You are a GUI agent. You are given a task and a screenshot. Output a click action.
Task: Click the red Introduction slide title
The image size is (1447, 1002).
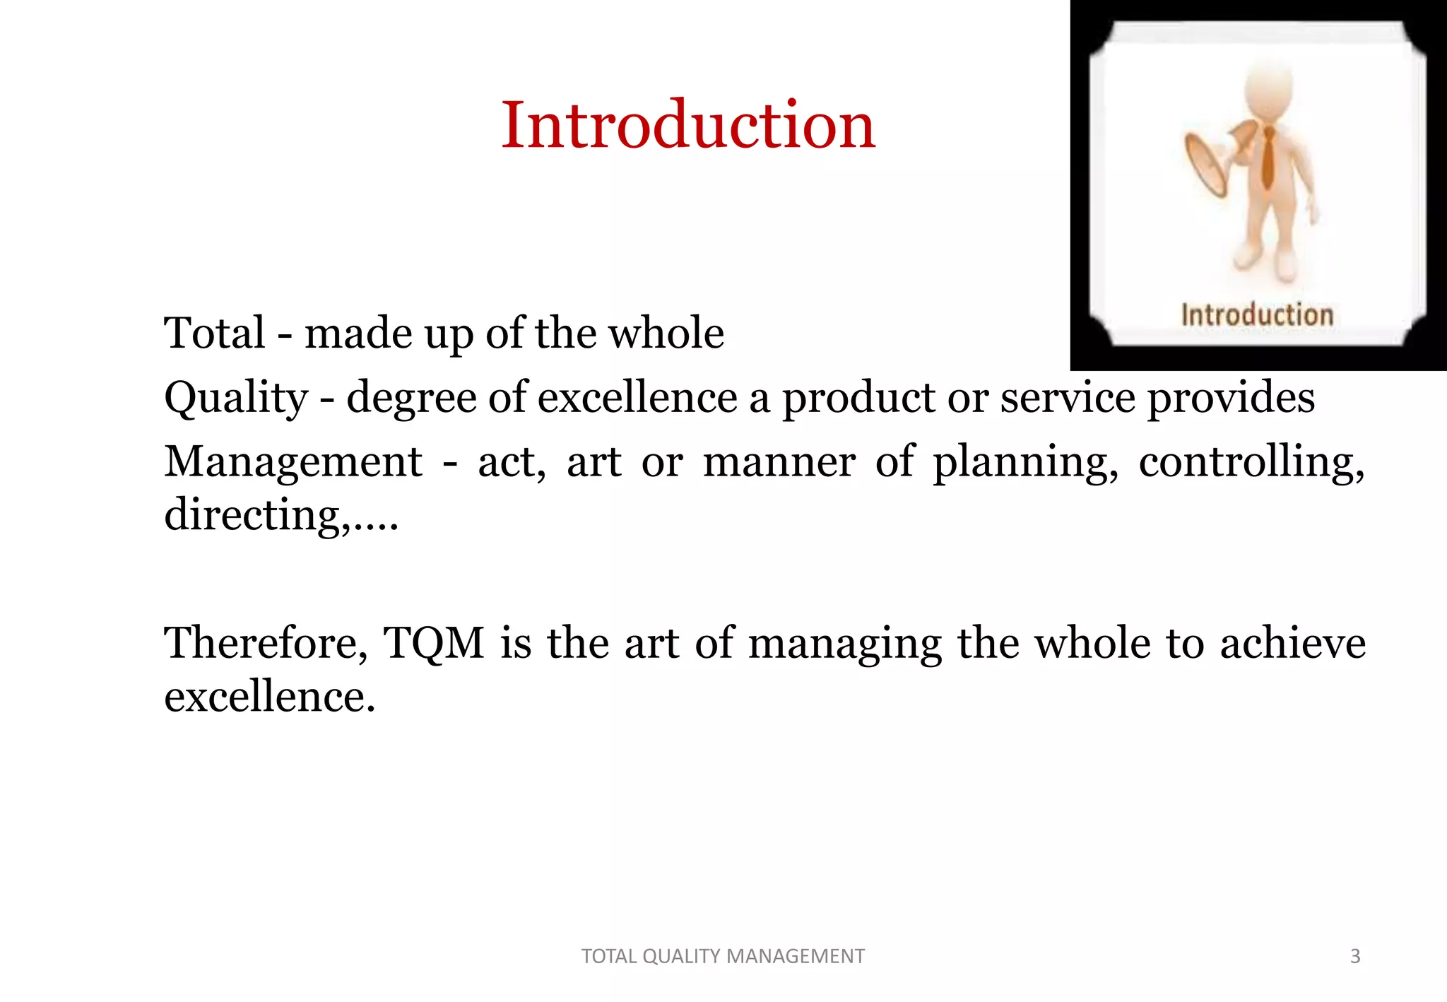pyautogui.click(x=688, y=125)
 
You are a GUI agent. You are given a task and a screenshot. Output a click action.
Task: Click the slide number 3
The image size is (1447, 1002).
pyautogui.click(x=1354, y=956)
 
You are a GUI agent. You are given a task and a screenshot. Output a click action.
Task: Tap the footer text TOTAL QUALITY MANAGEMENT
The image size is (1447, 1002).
pyautogui.click(x=723, y=956)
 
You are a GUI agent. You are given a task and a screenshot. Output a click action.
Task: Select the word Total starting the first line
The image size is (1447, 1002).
pyautogui.click(x=214, y=333)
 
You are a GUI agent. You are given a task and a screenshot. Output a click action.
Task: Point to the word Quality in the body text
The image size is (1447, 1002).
pyautogui.click(x=236, y=398)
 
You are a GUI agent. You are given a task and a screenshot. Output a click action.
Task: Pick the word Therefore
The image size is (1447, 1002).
pyautogui.click(x=266, y=643)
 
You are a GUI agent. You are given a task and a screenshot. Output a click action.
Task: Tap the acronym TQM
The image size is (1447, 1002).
pyautogui.click(x=433, y=643)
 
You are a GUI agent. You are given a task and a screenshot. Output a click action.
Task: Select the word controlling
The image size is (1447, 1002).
pyautogui.click(x=1251, y=463)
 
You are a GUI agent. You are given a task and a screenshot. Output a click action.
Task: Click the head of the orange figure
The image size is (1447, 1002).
pyautogui.click(x=1269, y=88)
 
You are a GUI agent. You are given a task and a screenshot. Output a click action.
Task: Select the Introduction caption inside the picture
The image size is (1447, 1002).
pyautogui.click(x=1257, y=314)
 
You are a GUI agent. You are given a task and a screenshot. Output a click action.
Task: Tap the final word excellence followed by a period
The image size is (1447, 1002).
pyautogui.click(x=269, y=697)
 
